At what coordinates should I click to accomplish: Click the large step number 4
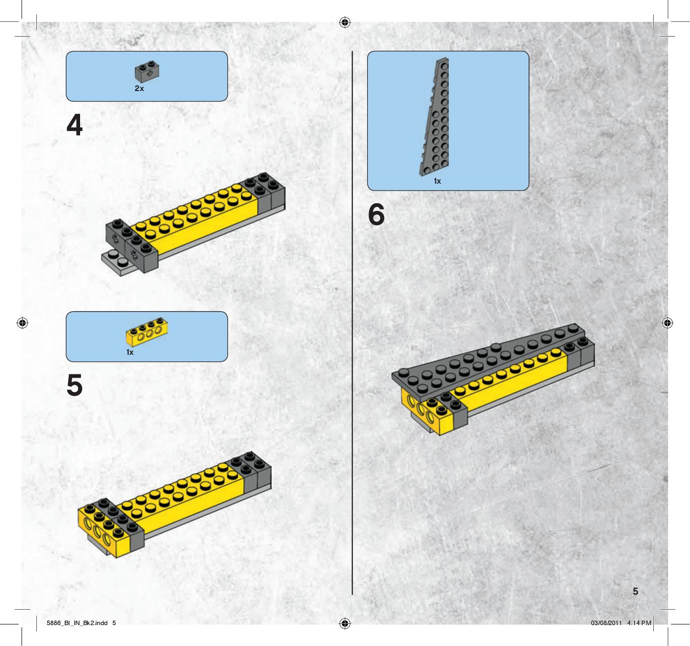coord(74,125)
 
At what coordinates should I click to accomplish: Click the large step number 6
coord(376,215)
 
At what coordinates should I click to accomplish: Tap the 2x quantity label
coord(139,89)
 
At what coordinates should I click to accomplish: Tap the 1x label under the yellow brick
coord(130,352)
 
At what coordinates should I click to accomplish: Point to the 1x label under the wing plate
coord(437,181)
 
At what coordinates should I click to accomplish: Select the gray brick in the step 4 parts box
coord(147,72)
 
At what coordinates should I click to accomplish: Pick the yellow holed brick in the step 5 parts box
coord(147,331)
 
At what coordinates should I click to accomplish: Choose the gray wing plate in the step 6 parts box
coord(434,116)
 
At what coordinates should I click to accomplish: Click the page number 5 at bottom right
coord(635,591)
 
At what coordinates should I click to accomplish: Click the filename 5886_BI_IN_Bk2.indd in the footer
coord(77,623)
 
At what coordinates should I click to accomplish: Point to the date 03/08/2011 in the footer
coord(606,623)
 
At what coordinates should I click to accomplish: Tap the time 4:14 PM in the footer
coord(639,623)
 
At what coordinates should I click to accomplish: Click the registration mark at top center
coord(345,22)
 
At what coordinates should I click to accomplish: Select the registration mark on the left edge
coord(22,323)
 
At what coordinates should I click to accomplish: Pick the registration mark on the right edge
coord(667,323)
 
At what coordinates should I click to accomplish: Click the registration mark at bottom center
coord(345,624)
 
